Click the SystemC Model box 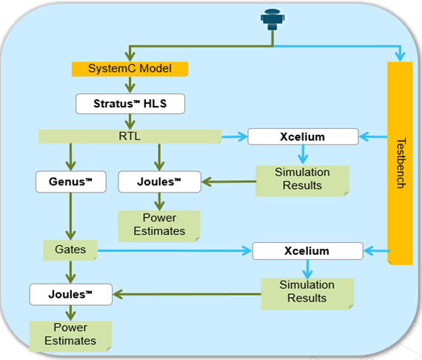(130, 69)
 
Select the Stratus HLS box (130, 104)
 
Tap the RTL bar (130, 136)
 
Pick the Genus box (71, 181)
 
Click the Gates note (70, 250)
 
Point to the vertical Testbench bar (400, 163)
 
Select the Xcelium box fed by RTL (303, 137)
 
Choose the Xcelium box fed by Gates (308, 251)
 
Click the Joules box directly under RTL (160, 181)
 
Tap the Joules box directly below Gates (71, 294)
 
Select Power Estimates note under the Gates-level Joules (70, 336)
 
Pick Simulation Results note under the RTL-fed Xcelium (303, 181)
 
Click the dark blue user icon (272, 19)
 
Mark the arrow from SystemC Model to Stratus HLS (130, 85)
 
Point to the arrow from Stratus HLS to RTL (130, 121)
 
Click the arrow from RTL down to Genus (70, 157)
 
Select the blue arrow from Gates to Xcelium (175, 250)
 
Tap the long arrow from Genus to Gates (70, 216)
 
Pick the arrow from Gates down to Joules (70, 272)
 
